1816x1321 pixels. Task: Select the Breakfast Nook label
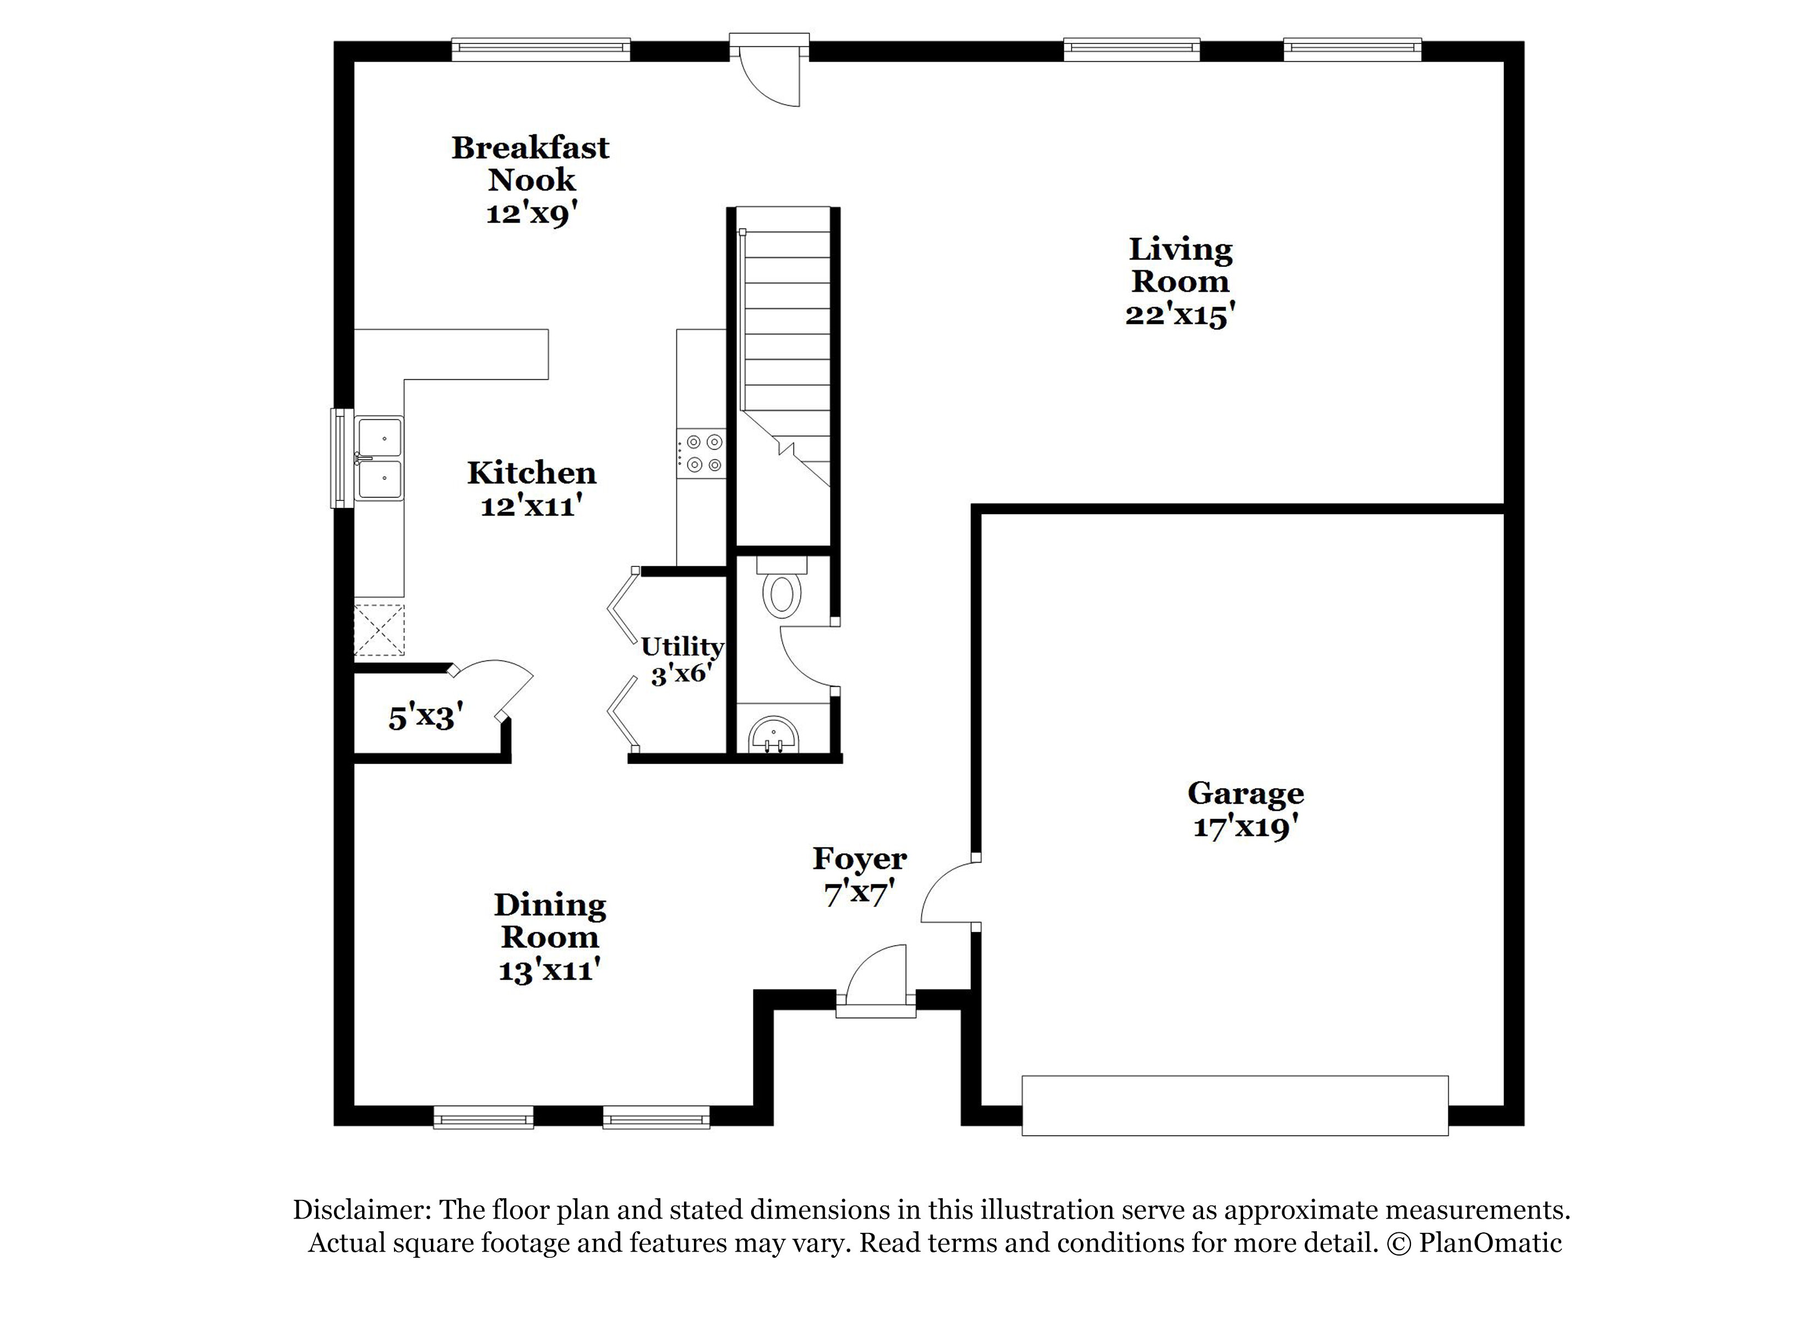click(531, 163)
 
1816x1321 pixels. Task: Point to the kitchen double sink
click(380, 459)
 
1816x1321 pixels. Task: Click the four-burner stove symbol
click(702, 454)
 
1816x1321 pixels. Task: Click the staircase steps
click(786, 336)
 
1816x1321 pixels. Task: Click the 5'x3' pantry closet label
click(425, 717)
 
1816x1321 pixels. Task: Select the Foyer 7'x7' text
click(859, 876)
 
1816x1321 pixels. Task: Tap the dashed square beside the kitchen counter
click(380, 630)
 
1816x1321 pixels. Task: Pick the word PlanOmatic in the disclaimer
click(1490, 1242)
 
